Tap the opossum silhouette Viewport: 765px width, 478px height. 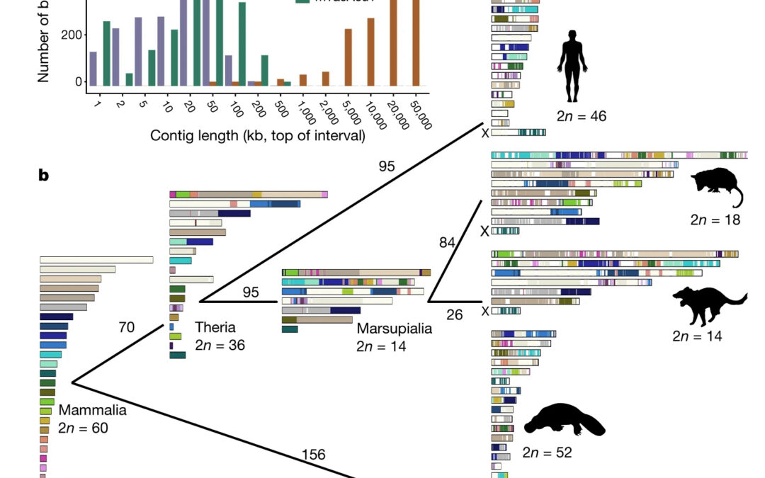716,188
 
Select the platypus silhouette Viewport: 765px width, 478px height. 564,421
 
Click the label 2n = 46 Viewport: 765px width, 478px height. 582,116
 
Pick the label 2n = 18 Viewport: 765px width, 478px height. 715,220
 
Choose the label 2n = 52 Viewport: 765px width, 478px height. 547,452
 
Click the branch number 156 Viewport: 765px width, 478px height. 313,454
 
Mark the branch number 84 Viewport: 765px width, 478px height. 447,243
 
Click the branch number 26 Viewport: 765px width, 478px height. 454,314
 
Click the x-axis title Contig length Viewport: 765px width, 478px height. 258,135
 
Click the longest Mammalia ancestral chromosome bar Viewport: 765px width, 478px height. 96,260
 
